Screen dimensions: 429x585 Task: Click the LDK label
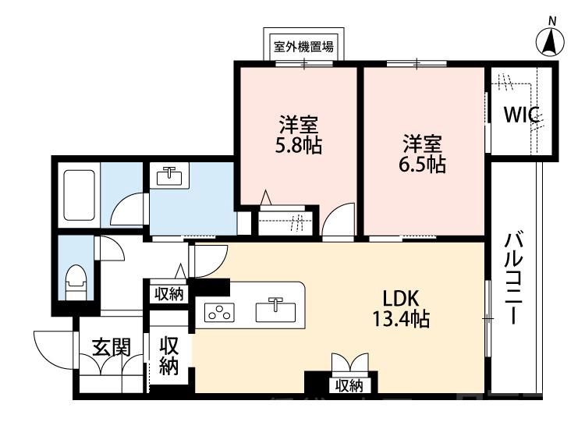click(402, 298)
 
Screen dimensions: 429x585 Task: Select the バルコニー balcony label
click(513, 278)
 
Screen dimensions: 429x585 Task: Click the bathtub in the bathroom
click(78, 195)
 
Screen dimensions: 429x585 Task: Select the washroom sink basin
click(167, 176)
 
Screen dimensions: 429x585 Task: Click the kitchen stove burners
click(218, 313)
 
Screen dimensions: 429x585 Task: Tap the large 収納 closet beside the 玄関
click(169, 355)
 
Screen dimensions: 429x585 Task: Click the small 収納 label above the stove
click(166, 294)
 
